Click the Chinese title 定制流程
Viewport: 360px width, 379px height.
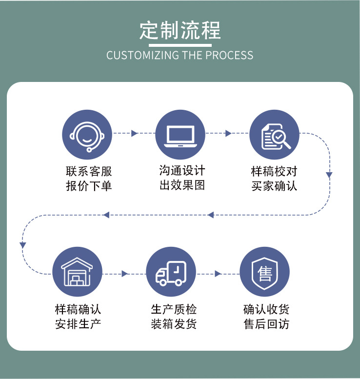tap(180, 30)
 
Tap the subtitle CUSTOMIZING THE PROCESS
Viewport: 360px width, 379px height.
tap(180, 55)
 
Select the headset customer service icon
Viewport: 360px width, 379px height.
tap(87, 134)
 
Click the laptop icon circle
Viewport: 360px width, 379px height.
tap(180, 134)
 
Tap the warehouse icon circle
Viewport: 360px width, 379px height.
tap(77, 272)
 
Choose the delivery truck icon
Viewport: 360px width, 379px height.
tap(171, 272)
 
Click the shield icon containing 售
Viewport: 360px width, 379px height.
tap(265, 272)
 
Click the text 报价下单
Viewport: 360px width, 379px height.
tap(89, 186)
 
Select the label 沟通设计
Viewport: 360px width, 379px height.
tap(182, 171)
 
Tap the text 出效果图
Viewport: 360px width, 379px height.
tap(182, 185)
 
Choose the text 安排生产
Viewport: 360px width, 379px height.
tap(78, 324)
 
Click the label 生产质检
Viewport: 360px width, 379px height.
tap(174, 309)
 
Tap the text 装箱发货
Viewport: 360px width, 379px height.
tap(174, 324)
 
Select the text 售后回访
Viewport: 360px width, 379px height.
tap(266, 324)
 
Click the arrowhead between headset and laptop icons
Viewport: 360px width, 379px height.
tap(135, 134)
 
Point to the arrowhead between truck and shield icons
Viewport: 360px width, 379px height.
tap(218, 274)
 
